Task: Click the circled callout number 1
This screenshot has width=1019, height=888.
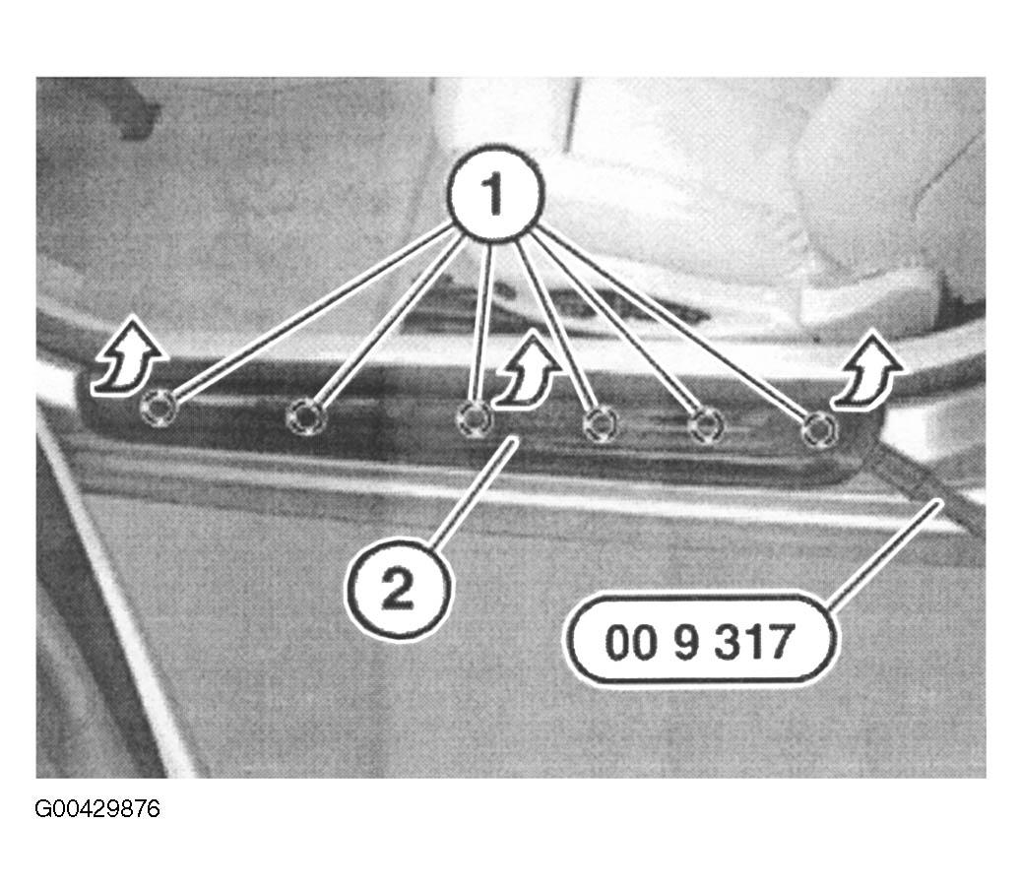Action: [x=494, y=194]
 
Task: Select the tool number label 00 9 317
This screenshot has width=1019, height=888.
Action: [x=699, y=641]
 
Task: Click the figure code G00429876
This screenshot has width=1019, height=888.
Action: [x=96, y=809]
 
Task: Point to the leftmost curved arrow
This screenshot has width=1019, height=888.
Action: [x=127, y=359]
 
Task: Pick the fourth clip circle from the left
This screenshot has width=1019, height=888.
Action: [x=600, y=424]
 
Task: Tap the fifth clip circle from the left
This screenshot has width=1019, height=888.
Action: [x=706, y=426]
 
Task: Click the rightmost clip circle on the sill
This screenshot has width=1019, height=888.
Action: [x=819, y=429]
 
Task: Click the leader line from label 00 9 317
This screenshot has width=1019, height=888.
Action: [x=885, y=554]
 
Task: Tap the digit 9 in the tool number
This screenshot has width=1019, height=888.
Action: [x=685, y=642]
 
